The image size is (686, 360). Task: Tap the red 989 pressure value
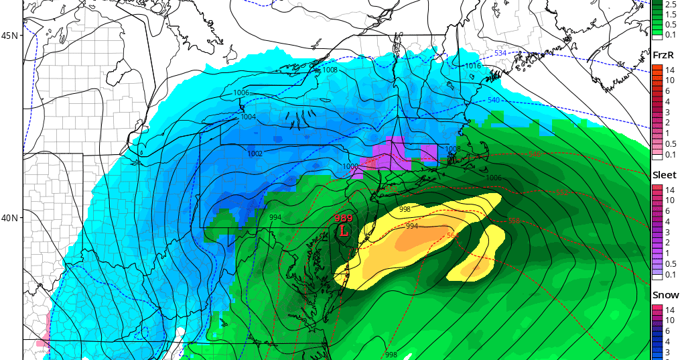point(343,218)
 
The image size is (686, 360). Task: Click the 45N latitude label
point(10,35)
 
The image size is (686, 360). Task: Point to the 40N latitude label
point(10,218)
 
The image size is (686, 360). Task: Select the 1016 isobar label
point(473,66)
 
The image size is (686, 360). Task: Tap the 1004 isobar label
point(249,117)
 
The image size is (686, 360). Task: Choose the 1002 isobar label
point(255,154)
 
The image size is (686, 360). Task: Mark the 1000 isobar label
point(351,166)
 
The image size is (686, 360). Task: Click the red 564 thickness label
point(453,235)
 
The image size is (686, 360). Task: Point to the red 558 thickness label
point(514,221)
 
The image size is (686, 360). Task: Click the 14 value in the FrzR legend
point(668,70)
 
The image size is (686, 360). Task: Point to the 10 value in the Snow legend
point(668,319)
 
